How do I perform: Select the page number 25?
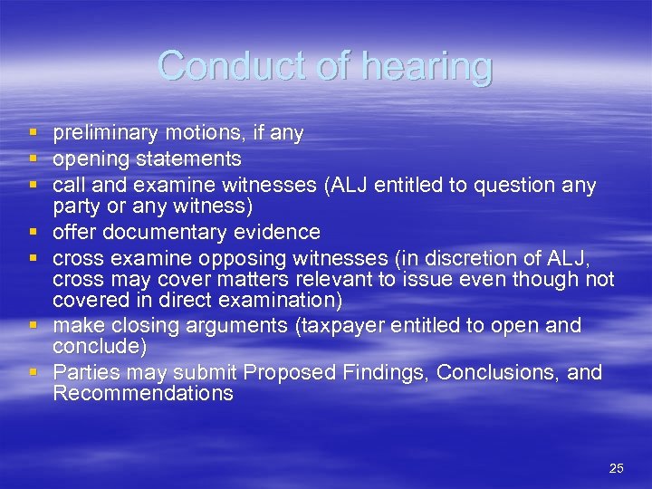pos(616,468)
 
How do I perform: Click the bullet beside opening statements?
pos(34,159)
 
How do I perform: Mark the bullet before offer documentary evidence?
pos(34,233)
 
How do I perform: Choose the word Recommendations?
pos(143,394)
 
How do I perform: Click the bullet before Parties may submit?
pos(34,372)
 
